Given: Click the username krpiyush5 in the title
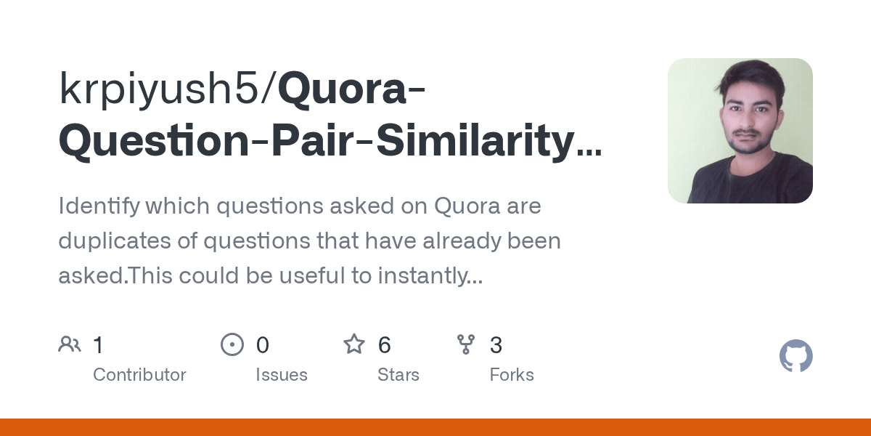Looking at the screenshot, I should pyautogui.click(x=163, y=90).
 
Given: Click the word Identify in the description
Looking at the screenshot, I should pyautogui.click(x=98, y=206).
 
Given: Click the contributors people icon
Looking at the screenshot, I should pyautogui.click(x=70, y=344).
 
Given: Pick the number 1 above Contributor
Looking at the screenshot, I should pyautogui.click(x=99, y=345).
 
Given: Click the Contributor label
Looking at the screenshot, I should pyautogui.click(x=139, y=375).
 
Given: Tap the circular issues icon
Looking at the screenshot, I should pyautogui.click(x=232, y=344).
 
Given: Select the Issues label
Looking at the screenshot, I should pyautogui.click(x=282, y=375).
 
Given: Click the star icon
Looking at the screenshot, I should pyautogui.click(x=354, y=344).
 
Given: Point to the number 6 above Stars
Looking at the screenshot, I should pyautogui.click(x=385, y=345).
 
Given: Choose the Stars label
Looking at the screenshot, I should pyautogui.click(x=398, y=375).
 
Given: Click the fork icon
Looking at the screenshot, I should pyautogui.click(x=465, y=344).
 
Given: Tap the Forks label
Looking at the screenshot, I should pyautogui.click(x=511, y=375).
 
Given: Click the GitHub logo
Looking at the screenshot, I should pyautogui.click(x=796, y=357).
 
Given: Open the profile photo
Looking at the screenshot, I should pyautogui.click(x=740, y=131).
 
